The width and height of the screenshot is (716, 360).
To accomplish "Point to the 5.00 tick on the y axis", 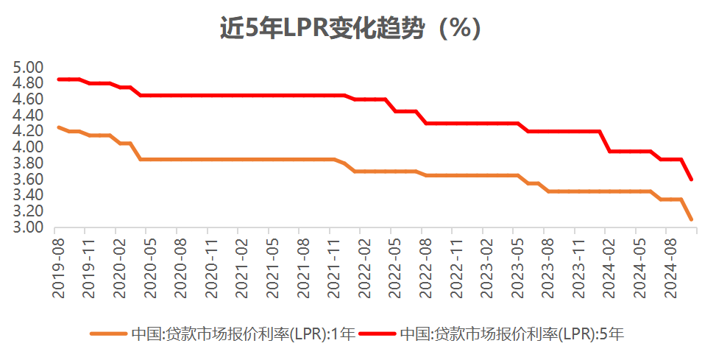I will (29, 67).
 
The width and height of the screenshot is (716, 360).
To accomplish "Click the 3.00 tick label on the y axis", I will (29, 227).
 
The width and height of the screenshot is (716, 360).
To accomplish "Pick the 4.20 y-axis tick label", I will (29, 131).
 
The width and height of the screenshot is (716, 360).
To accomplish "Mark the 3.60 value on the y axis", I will (29, 180).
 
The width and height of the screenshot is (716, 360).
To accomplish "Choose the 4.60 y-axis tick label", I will (29, 99).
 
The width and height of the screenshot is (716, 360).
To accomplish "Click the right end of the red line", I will (691, 179).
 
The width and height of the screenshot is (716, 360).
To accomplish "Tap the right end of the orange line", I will (691, 219).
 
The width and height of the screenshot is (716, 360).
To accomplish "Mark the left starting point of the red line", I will (58, 80).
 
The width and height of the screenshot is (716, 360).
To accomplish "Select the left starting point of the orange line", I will (58, 127).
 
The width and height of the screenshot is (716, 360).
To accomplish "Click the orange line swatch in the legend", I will (109, 333).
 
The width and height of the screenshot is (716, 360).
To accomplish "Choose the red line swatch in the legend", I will (378, 333).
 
